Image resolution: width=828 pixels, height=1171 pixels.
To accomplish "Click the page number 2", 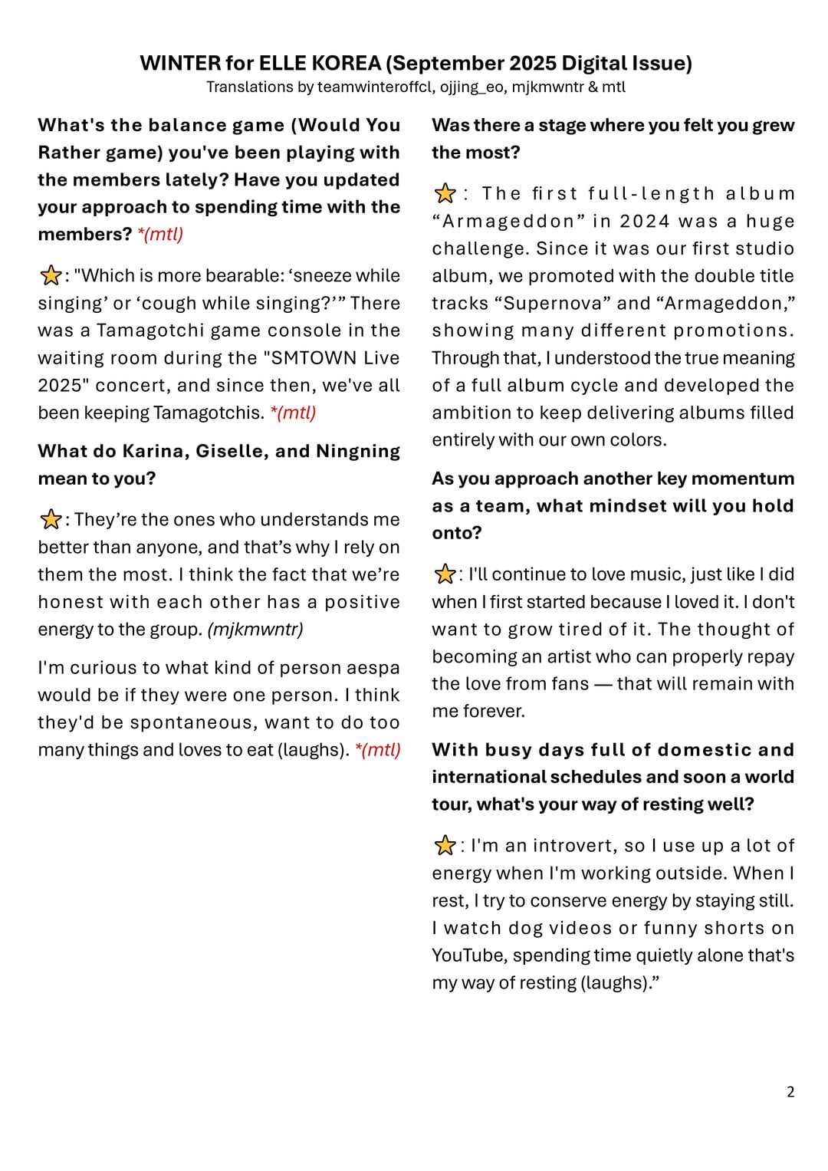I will pyautogui.click(x=790, y=1092).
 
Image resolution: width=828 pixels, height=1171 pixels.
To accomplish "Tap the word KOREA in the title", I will pyautogui.click(x=346, y=63).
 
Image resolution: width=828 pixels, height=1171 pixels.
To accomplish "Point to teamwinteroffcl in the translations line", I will pyautogui.click(x=376, y=87).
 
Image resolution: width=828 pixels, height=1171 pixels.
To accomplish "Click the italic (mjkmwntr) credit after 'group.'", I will pyautogui.click(x=255, y=630).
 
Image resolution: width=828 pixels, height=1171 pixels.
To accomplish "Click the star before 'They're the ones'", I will pyautogui.click(x=51, y=519).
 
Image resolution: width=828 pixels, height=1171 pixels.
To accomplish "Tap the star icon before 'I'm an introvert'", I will pyautogui.click(x=445, y=846).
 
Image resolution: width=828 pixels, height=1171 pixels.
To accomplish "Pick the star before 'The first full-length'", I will pyautogui.click(x=445, y=193).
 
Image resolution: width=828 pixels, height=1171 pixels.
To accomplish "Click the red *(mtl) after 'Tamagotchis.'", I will pyautogui.click(x=293, y=413).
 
